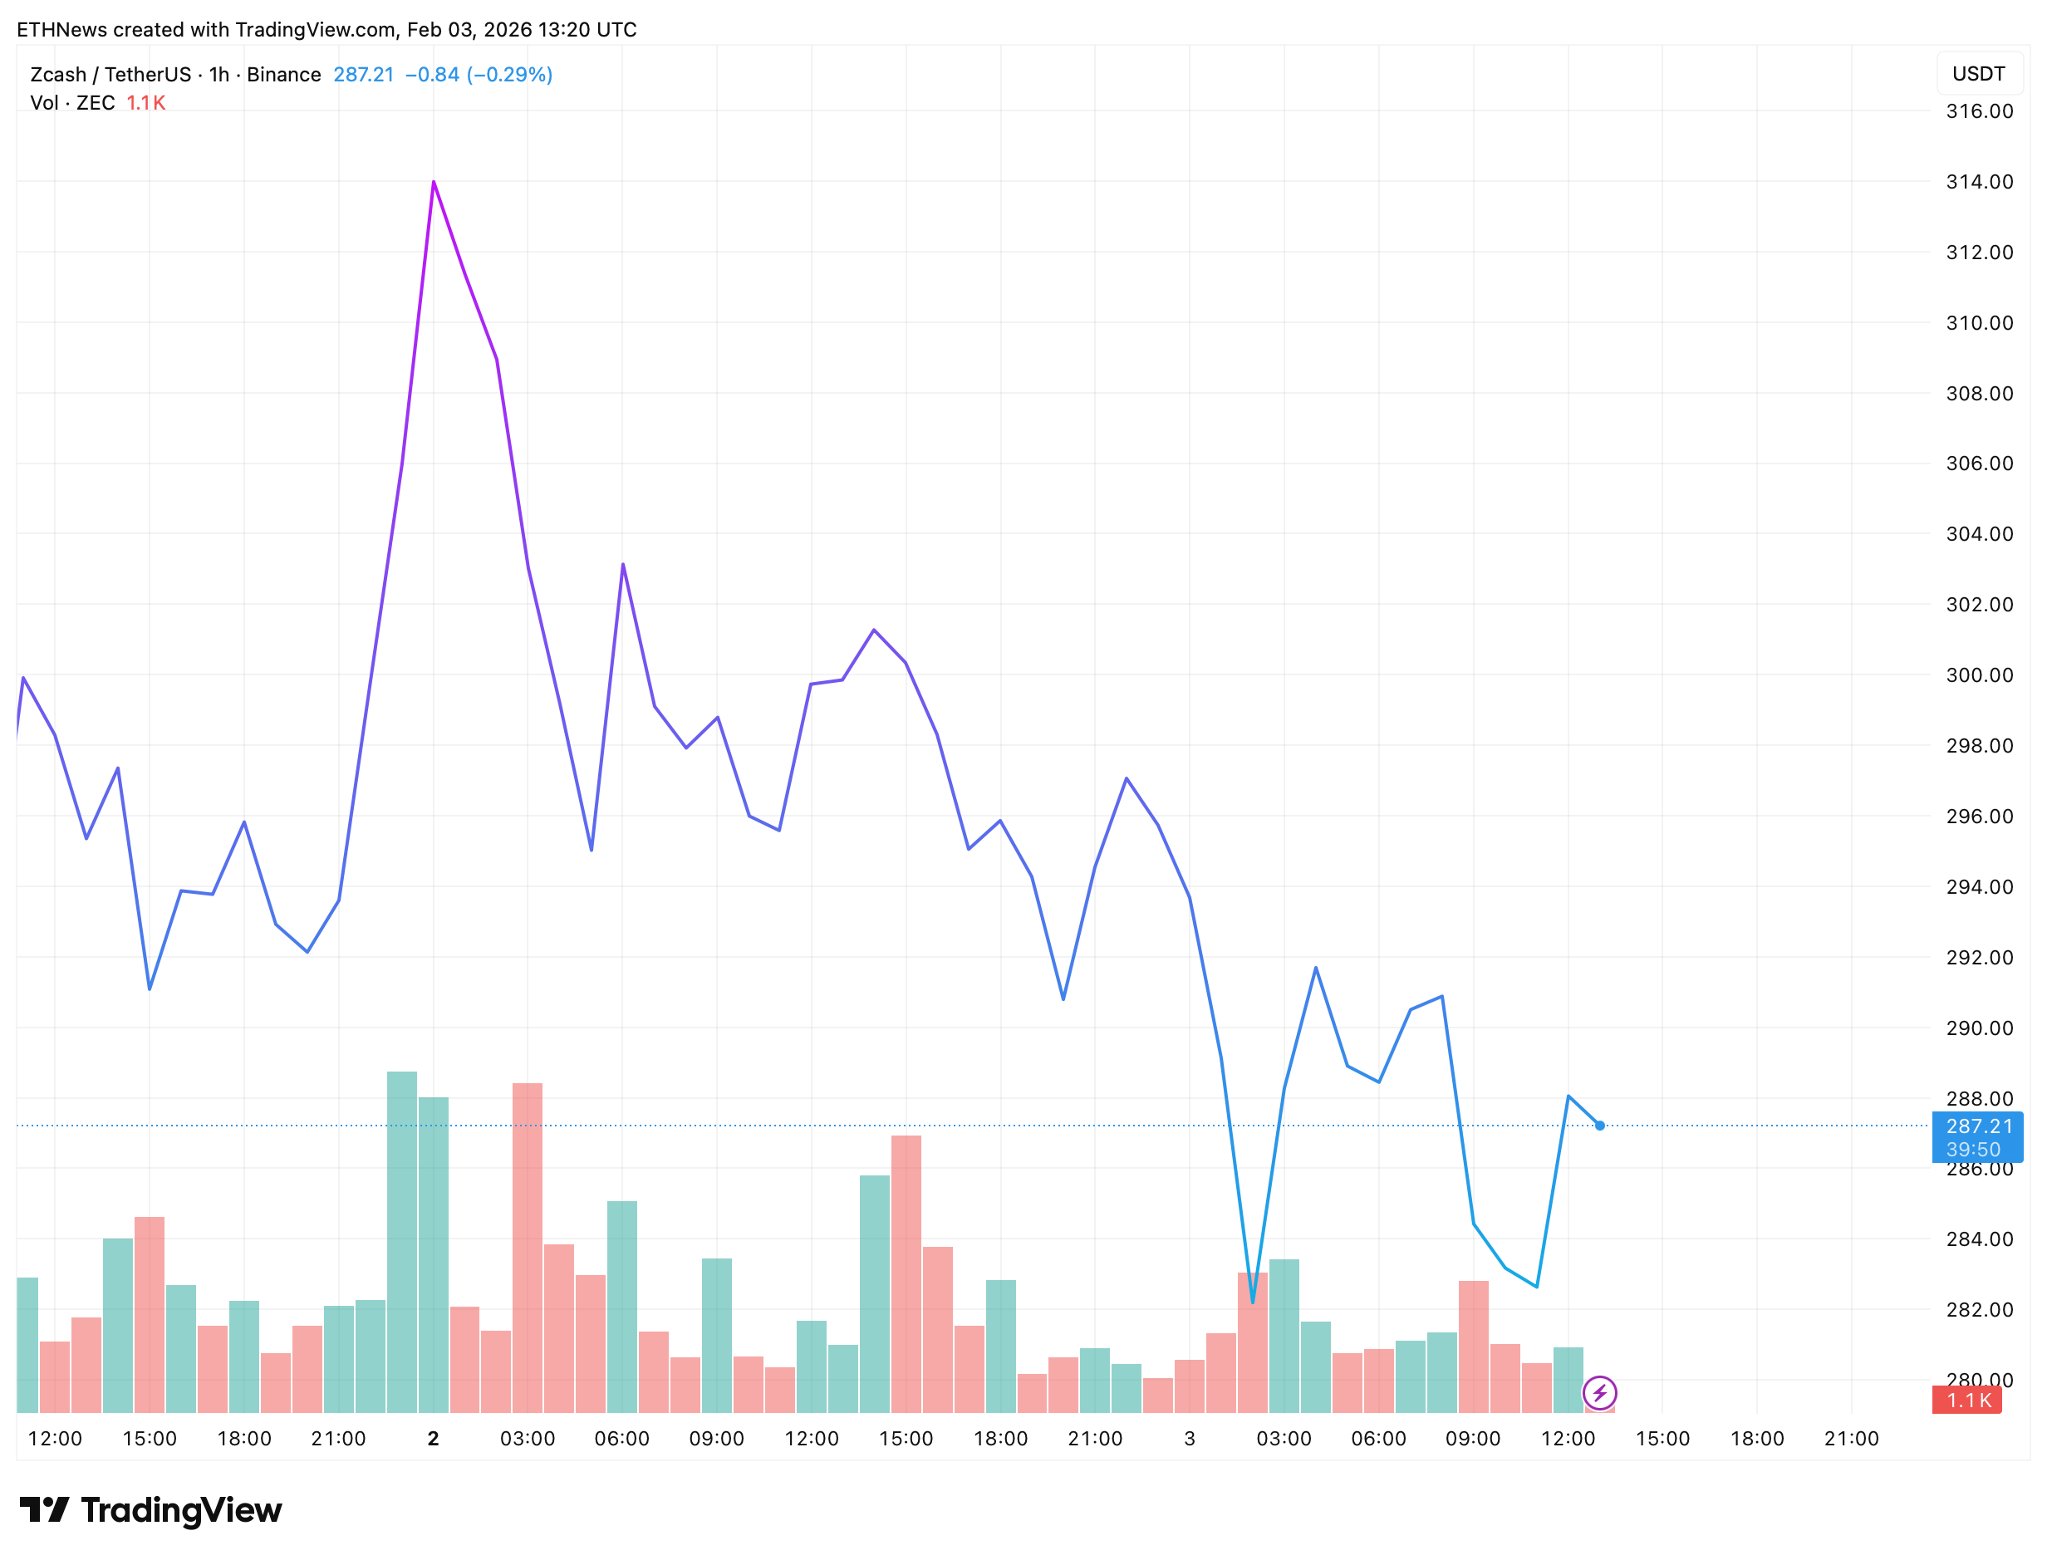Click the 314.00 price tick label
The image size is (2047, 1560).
pos(1978,182)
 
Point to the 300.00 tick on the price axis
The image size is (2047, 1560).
pos(1978,675)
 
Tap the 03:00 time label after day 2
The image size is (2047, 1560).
pos(527,1439)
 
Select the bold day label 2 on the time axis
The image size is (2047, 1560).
pos(433,1439)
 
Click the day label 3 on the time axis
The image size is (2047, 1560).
pos(1189,1439)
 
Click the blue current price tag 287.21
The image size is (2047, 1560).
pos(1976,1127)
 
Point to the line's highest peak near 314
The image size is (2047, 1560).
pos(433,182)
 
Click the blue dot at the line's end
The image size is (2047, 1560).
pos(1599,1126)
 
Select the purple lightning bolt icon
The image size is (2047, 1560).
pos(1599,1393)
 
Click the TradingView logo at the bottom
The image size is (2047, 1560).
pos(150,1510)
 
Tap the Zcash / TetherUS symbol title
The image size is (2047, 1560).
pos(110,74)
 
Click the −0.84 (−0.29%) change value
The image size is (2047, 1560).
pos(479,74)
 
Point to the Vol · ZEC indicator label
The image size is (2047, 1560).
pos(72,103)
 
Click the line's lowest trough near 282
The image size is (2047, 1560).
pos(1252,1302)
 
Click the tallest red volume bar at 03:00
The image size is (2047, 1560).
pos(527,1246)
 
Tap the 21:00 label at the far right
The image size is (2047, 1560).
pos(1850,1439)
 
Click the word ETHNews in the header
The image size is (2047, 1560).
pos(61,30)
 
